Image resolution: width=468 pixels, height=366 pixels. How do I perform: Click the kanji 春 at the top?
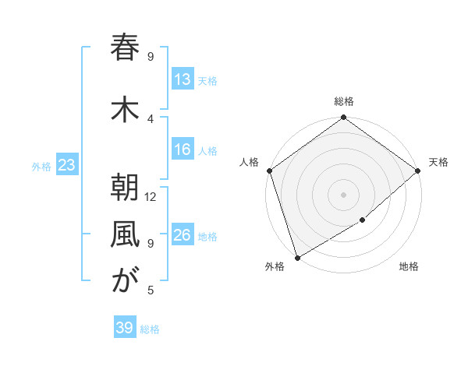coord(125,48)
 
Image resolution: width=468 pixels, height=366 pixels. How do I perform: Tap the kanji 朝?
coord(125,188)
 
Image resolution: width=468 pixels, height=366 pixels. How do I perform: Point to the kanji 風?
coord(125,234)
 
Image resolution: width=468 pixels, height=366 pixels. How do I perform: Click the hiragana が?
coord(125,281)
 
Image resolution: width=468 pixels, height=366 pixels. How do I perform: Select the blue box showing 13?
coord(183,79)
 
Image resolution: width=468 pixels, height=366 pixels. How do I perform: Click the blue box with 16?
coord(183,150)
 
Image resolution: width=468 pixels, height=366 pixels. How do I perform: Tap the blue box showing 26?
coord(183,235)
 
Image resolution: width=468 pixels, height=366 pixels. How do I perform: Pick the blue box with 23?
coord(66,165)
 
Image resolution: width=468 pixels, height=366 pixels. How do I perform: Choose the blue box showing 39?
coord(125,328)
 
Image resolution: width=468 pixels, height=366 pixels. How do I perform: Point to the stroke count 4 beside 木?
coord(151,118)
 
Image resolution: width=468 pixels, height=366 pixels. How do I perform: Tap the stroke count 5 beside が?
coord(151,290)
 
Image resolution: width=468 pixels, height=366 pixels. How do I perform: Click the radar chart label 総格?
coord(343,101)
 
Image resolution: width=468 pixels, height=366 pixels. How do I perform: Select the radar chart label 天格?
coord(438,162)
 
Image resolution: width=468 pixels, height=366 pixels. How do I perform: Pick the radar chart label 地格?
coord(409,267)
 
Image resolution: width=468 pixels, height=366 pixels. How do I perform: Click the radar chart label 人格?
coord(250,162)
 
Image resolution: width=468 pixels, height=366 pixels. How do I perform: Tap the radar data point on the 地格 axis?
coord(363,221)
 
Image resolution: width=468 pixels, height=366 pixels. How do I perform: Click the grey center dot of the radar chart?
coord(343,194)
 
